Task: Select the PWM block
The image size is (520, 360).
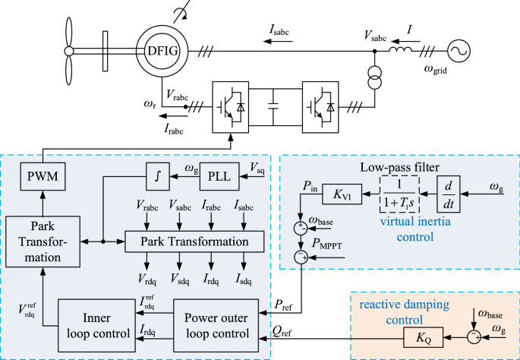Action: click(x=40, y=179)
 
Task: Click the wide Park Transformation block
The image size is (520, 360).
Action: click(x=194, y=242)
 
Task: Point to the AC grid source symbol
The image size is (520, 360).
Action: click(x=459, y=51)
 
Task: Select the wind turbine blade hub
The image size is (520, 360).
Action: click(x=68, y=51)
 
